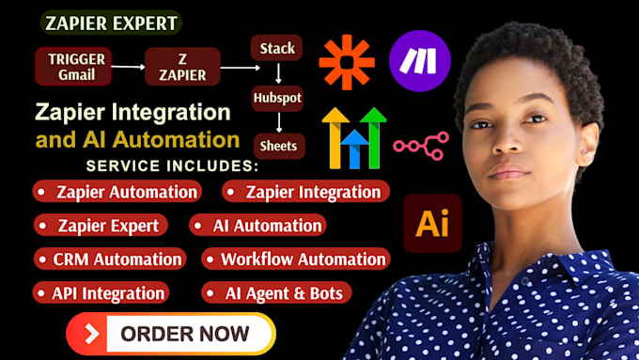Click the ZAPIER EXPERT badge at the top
coord(111,23)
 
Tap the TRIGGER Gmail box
coord(73,67)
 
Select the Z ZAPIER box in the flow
coord(182,67)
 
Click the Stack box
coord(276,48)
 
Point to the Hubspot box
coord(277,99)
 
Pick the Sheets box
coord(279,146)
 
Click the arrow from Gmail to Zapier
coord(129,67)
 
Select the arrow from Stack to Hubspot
coord(278,73)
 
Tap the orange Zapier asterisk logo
coord(347,62)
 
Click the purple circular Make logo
coord(420,61)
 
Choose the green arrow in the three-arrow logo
coord(373,138)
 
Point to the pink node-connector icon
coord(421,146)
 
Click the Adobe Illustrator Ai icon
coord(432,224)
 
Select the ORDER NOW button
coord(171,334)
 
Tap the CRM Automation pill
coord(110,259)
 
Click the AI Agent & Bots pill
coord(276,292)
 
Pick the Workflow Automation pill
coord(296,259)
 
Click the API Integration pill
coord(101,292)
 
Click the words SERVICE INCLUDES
coord(172,166)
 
